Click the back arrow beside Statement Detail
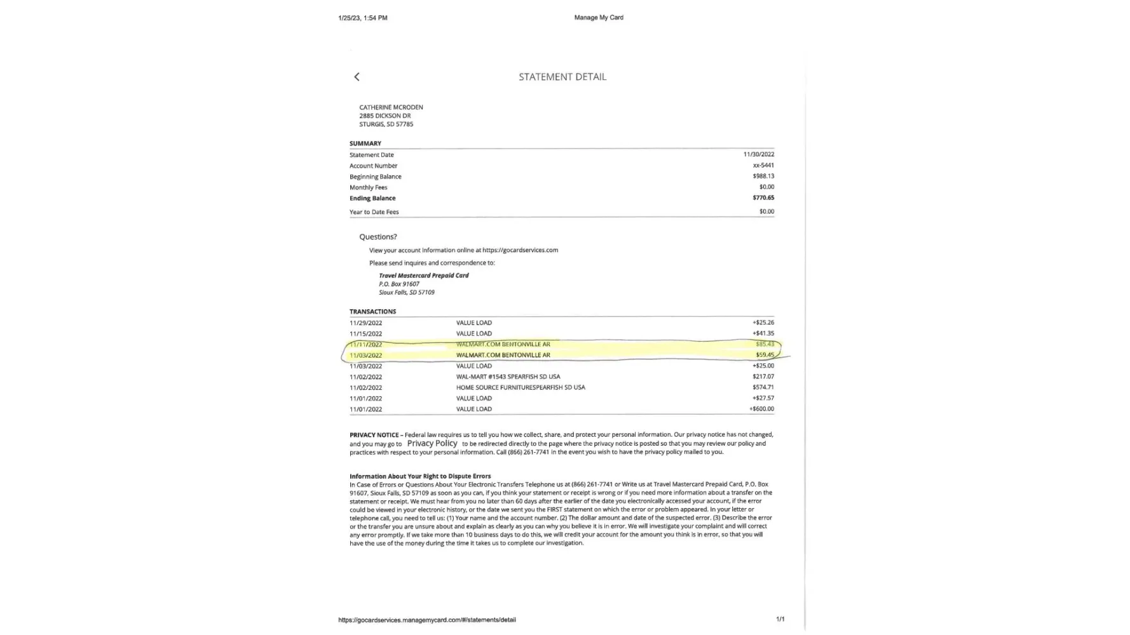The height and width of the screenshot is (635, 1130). click(x=357, y=77)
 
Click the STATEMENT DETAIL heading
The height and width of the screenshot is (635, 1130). click(x=562, y=77)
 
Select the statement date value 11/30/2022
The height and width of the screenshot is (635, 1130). click(x=758, y=154)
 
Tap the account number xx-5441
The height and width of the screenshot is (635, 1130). click(x=763, y=165)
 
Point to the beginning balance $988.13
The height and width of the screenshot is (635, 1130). click(x=763, y=176)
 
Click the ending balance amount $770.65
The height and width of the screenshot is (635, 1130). click(x=763, y=197)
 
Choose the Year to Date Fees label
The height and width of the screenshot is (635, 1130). click(x=374, y=212)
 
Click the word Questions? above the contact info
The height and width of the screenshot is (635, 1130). click(x=378, y=237)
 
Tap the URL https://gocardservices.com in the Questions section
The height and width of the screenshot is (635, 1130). click(x=520, y=250)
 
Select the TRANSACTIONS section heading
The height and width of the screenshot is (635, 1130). click(x=372, y=312)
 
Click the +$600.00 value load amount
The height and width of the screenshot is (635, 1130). click(x=761, y=409)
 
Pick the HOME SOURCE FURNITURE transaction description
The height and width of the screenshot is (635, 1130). click(x=520, y=387)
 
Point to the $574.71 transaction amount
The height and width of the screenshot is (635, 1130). click(x=763, y=387)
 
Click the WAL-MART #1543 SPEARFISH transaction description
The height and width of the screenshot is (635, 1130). click(x=508, y=377)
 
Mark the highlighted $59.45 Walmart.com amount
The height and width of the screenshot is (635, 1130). click(x=765, y=355)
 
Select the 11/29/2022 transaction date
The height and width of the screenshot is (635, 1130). click(x=365, y=323)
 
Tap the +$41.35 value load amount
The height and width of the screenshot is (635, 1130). click(x=763, y=333)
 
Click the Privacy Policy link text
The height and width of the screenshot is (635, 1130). click(x=432, y=443)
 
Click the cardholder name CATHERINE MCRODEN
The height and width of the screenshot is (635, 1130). click(x=391, y=107)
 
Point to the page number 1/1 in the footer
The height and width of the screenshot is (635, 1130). click(x=780, y=619)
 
